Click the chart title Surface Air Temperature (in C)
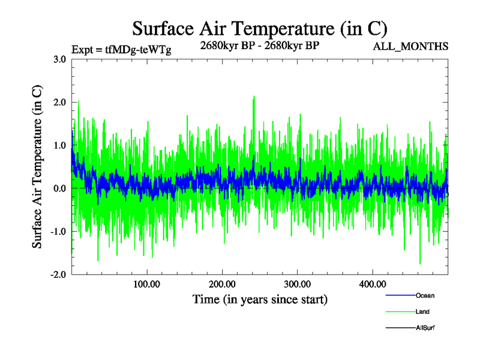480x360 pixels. pyautogui.click(x=259, y=28)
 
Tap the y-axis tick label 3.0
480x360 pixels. pyautogui.click(x=60, y=59)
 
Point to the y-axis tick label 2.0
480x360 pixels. pyautogui.click(x=60, y=103)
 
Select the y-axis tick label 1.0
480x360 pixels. pyautogui.click(x=60, y=146)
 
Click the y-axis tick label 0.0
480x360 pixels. pyautogui.click(x=60, y=188)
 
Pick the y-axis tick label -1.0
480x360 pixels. pyautogui.click(x=59, y=232)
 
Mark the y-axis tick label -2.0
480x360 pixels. pyautogui.click(x=59, y=275)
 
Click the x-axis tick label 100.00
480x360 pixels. pyautogui.click(x=147, y=284)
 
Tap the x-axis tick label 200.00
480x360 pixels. pyautogui.click(x=223, y=284)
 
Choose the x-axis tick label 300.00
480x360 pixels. pyautogui.click(x=298, y=284)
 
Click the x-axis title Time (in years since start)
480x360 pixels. pyautogui.click(x=260, y=299)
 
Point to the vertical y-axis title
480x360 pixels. pyautogui.click(x=37, y=167)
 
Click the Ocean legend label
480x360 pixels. pyautogui.click(x=425, y=295)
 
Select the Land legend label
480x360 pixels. pyautogui.click(x=422, y=311)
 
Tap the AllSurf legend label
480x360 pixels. pyautogui.click(x=425, y=328)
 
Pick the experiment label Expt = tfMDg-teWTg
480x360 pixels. pyautogui.click(x=121, y=50)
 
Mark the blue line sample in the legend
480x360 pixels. pyautogui.click(x=400, y=295)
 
